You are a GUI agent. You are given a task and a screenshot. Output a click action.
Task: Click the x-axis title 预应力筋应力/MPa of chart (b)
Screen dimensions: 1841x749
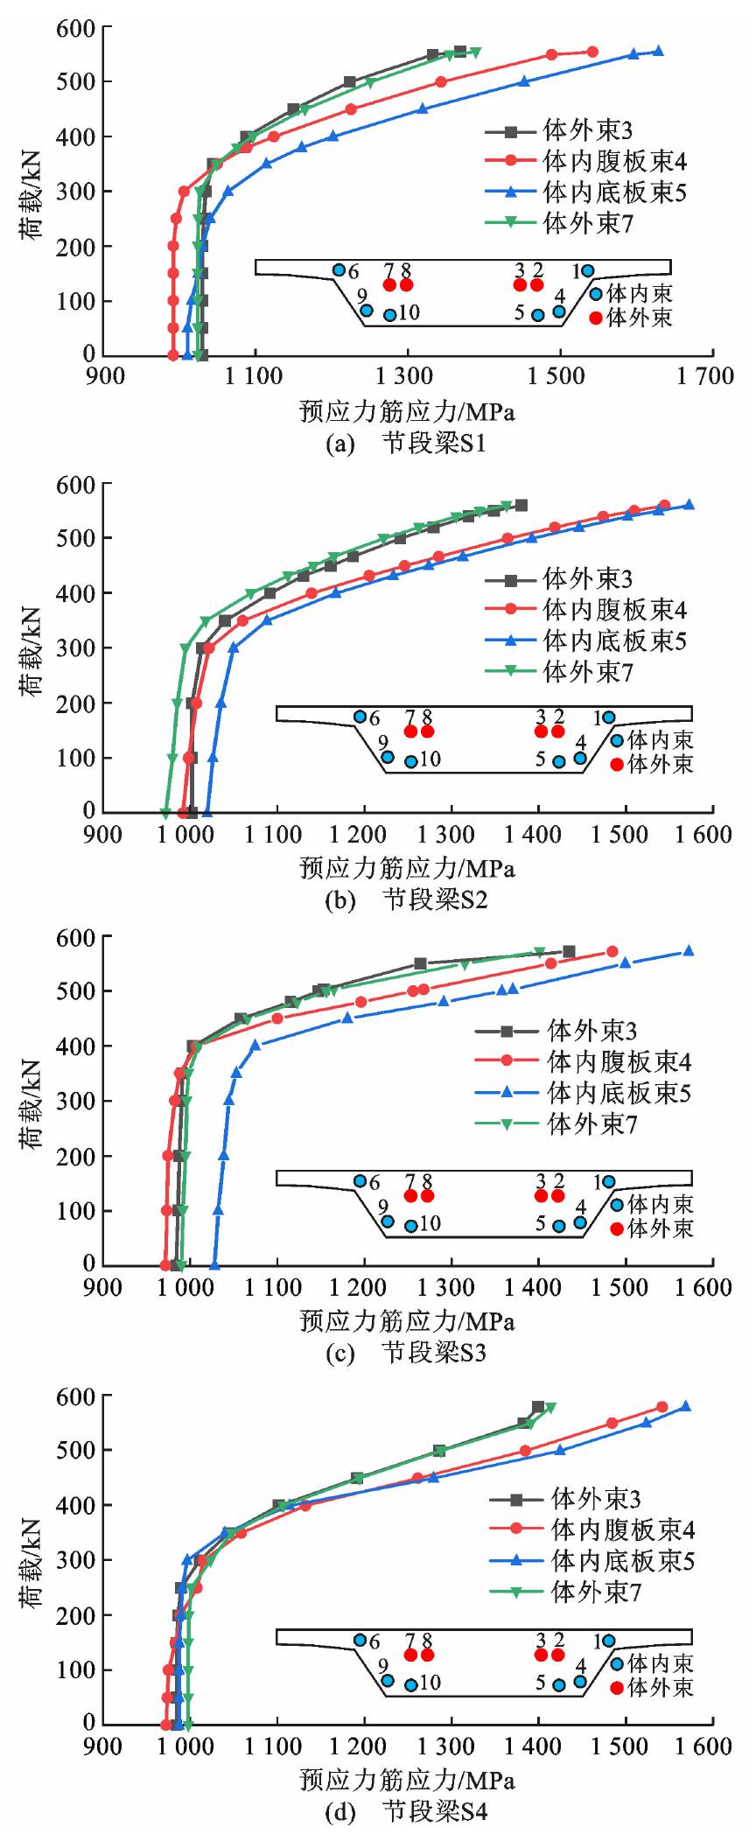(x=407, y=867)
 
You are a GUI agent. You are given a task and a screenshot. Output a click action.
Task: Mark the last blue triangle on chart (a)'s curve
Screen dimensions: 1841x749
(x=658, y=52)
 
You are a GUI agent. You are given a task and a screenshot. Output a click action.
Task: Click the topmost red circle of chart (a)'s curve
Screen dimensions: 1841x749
(x=592, y=52)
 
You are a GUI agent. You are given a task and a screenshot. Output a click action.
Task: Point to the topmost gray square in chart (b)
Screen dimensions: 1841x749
(x=521, y=505)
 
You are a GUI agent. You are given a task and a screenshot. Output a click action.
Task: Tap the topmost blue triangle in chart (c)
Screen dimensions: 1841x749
(x=689, y=951)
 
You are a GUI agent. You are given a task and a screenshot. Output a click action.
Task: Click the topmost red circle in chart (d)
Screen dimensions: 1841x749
(x=662, y=1407)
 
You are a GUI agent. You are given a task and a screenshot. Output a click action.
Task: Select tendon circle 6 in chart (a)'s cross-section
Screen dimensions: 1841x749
(x=339, y=269)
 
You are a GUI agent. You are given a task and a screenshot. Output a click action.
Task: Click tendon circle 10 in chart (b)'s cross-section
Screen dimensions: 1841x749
(x=411, y=761)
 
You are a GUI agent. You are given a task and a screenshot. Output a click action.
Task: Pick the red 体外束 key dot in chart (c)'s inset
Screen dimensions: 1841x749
(x=617, y=1228)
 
